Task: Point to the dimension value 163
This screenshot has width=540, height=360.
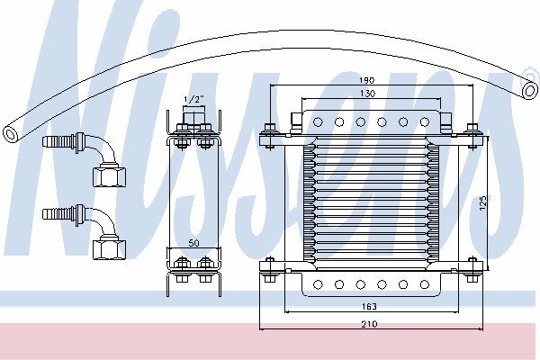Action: point(369,307)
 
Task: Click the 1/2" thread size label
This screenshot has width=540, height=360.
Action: point(193,98)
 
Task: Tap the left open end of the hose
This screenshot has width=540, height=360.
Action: point(11,132)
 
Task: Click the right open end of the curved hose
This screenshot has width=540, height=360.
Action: point(529,89)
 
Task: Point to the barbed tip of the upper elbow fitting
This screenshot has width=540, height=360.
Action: point(49,141)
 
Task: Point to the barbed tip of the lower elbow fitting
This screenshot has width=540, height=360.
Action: point(49,214)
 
